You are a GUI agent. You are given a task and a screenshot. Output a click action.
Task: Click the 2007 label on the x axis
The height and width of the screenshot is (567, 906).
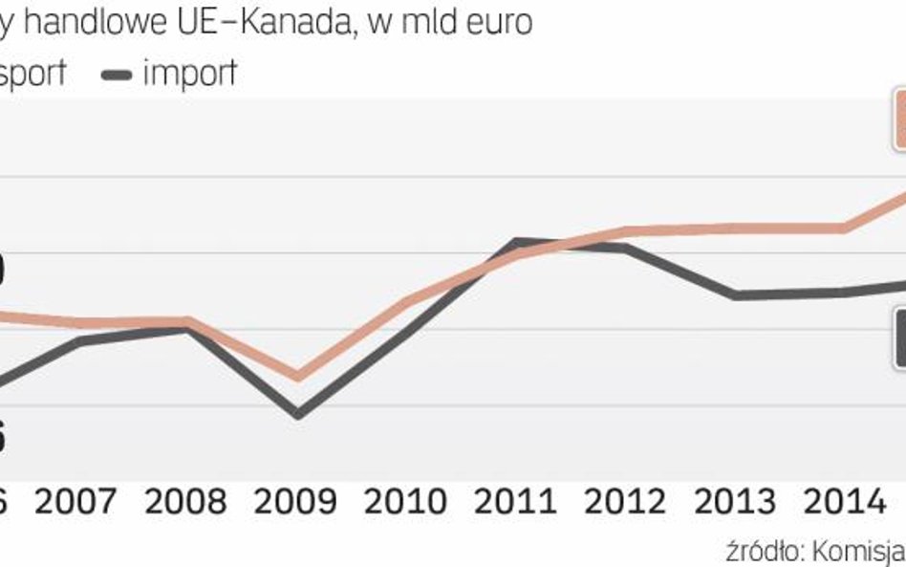(76, 502)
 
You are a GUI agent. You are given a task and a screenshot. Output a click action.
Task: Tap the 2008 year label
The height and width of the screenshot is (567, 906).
(187, 502)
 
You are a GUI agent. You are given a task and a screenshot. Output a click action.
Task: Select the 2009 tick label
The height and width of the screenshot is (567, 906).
(297, 502)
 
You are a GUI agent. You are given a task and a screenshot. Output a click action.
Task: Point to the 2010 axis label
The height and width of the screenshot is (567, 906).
(408, 502)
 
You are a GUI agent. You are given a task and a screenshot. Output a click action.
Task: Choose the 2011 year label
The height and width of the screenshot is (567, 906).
(517, 502)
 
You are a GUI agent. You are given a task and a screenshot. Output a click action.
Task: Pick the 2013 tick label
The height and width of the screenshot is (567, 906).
(735, 502)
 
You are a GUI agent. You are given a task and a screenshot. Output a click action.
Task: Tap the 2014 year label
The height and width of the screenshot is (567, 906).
(845, 502)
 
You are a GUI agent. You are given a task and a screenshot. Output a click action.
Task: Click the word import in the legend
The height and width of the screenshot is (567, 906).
(189, 74)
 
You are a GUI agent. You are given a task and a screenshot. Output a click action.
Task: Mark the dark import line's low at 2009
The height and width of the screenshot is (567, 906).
(298, 414)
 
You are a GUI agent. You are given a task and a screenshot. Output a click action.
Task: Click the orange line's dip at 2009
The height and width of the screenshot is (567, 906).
(298, 376)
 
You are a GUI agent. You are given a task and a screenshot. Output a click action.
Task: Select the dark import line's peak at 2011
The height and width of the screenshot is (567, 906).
(517, 242)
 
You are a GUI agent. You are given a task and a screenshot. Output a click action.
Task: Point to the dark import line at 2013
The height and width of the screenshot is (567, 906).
(736, 295)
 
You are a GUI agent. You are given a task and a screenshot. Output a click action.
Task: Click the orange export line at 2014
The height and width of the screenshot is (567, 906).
(843, 228)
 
